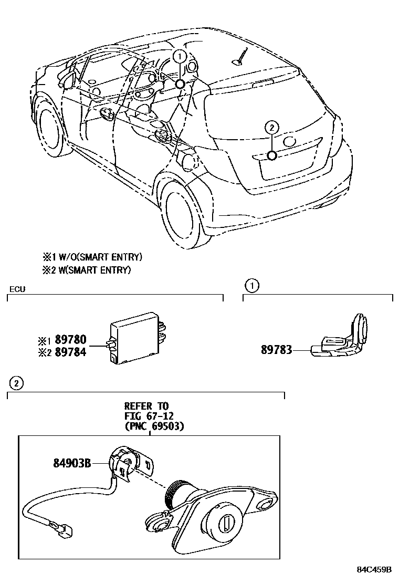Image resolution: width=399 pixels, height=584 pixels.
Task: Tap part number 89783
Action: coord(277,349)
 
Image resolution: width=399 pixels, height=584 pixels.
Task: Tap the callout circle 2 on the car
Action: coord(271,127)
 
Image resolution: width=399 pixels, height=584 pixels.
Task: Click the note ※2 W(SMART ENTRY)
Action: coord(87,270)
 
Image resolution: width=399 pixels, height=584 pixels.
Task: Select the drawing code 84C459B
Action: coord(375,569)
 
